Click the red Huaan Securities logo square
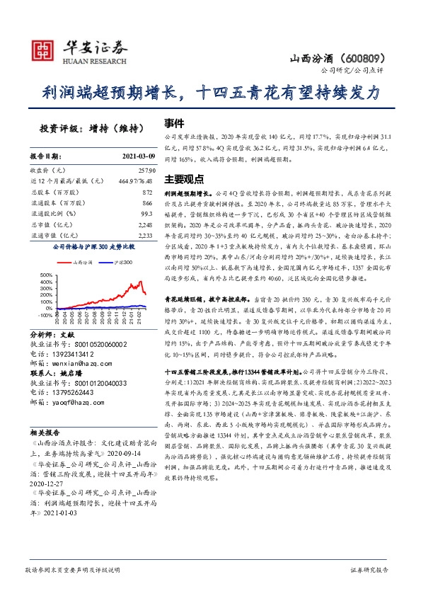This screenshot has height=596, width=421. (44, 49)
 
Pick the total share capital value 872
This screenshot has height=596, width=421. (146, 192)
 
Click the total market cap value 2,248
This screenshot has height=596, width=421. (144, 224)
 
